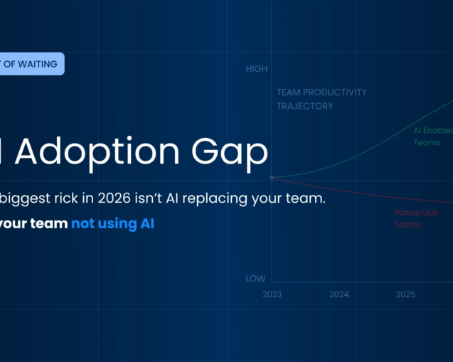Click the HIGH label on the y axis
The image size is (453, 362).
256,69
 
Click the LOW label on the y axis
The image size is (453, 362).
255,279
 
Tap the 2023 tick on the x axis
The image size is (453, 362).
272,294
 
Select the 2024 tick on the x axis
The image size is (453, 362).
339,294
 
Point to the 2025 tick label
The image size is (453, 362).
405,294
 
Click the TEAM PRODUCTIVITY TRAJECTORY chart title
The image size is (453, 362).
321,100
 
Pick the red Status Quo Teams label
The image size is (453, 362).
417,218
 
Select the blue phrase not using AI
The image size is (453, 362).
112,223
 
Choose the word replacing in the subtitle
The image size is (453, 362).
214,198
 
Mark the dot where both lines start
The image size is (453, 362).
272,177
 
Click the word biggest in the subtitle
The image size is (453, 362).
23,198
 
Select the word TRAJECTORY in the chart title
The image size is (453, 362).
305,106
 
